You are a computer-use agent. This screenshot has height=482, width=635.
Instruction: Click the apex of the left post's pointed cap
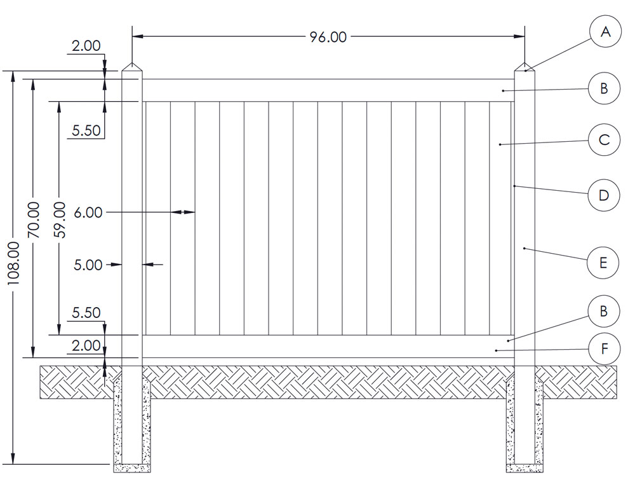pyautogui.click(x=132, y=63)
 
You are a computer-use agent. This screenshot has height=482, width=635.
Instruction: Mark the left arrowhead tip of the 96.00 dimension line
pyautogui.click(x=133, y=36)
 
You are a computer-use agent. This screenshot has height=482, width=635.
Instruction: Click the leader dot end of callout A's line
pyautogui.click(x=526, y=71)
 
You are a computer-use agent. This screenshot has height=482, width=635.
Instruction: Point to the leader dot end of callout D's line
pyautogui.click(x=514, y=186)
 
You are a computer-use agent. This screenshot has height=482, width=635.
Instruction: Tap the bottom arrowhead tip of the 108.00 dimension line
pyautogui.click(x=13, y=464)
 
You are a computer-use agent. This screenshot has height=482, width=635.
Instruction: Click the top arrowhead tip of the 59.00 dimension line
pyautogui.click(x=59, y=101)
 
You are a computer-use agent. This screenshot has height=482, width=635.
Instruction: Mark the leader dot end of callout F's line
pyautogui.click(x=496, y=350)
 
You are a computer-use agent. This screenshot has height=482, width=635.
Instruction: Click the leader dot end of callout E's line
pyautogui.click(x=525, y=248)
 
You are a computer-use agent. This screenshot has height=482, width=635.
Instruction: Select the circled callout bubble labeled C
pyautogui.click(x=604, y=140)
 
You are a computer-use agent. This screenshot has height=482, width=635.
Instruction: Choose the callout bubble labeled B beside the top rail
pyautogui.click(x=604, y=88)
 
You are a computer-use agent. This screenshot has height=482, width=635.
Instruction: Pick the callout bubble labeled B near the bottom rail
pyautogui.click(x=604, y=312)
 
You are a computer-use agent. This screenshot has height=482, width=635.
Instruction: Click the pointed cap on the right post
pyautogui.click(x=525, y=67)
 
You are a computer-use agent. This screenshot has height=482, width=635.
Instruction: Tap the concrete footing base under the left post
pyautogui.click(x=132, y=468)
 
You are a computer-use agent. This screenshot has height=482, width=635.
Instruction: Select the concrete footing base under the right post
pyautogui.click(x=525, y=468)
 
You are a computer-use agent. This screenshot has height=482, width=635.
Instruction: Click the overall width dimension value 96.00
pyautogui.click(x=328, y=37)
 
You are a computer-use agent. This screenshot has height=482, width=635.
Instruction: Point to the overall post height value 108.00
pyautogui.click(x=13, y=263)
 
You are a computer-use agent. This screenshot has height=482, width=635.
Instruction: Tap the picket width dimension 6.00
pyautogui.click(x=88, y=212)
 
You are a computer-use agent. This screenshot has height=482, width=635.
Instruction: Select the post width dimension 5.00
pyautogui.click(x=88, y=265)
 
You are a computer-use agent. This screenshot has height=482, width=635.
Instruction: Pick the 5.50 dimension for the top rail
pyautogui.click(x=86, y=130)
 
